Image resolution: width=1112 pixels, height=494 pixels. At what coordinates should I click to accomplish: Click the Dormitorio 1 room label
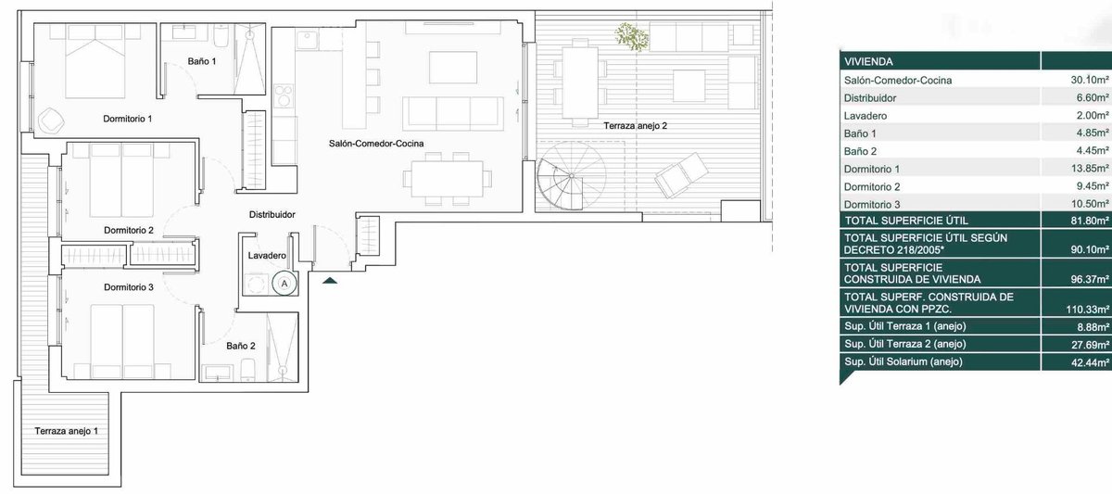coord(128,119)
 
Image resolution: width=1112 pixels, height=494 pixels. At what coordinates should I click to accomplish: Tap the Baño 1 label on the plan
coord(202,61)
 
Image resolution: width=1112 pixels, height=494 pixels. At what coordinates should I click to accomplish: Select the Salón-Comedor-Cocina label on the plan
coord(376,144)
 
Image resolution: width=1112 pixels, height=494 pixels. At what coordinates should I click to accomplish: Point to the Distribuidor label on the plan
coord(272,214)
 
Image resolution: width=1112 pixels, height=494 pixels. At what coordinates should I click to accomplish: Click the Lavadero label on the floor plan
coord(267,255)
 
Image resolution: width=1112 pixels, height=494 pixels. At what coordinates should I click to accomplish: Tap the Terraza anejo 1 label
coord(67,431)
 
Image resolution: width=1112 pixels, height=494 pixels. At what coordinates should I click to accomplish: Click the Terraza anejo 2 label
coord(636,126)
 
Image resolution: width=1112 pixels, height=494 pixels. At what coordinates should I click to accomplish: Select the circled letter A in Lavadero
coord(284,284)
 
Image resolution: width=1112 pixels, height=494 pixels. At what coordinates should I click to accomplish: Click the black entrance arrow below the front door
coord(330,281)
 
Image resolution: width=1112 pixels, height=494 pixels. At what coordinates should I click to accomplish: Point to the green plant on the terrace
coord(631,36)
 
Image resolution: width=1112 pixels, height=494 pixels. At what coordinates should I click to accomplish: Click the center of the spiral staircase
coord(572,176)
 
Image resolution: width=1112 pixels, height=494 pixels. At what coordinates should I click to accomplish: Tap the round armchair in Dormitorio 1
coord(51,120)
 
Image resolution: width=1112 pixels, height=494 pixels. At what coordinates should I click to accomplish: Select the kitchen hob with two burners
coord(284,95)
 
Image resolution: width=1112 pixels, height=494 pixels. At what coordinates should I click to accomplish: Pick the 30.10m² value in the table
coord(1090,80)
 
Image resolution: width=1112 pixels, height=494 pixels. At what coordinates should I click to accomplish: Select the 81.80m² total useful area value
coord(1090,221)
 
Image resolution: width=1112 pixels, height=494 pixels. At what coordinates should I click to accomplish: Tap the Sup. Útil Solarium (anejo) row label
coord(903,361)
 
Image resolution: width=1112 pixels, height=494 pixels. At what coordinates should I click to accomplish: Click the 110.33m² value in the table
coord(1088,310)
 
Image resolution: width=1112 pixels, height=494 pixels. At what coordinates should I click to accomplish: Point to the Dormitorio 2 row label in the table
coord(872,186)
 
